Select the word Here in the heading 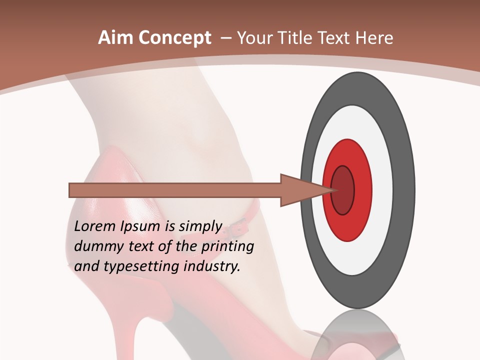(x=375, y=38)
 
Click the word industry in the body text (x=212, y=266)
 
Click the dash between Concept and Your (x=225, y=38)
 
